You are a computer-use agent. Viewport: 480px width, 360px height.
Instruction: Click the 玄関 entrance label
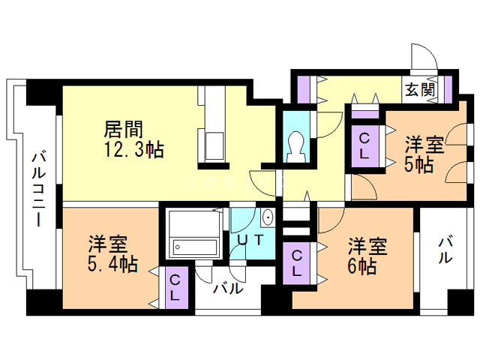421,90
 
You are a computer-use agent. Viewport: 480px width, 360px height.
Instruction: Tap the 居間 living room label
124,129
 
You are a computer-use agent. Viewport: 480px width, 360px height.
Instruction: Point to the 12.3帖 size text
135,149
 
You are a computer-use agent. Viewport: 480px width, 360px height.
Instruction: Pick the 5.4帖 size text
113,264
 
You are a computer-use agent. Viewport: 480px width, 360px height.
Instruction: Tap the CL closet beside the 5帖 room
364,146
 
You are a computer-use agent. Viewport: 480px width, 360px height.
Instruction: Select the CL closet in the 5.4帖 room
175,288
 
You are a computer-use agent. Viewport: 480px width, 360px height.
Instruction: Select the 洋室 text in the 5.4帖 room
108,244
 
